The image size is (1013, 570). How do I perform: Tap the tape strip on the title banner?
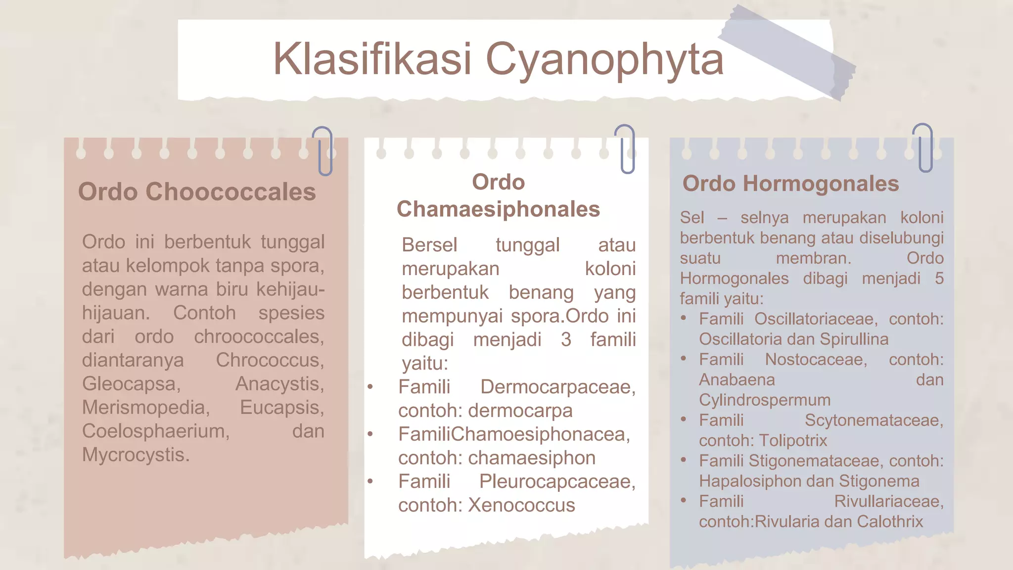(x=786, y=54)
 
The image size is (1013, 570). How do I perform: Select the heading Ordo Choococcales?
(x=197, y=192)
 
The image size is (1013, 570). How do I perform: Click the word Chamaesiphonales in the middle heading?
(x=498, y=209)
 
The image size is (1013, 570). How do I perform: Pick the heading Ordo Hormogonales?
(x=790, y=184)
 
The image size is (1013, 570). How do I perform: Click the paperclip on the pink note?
(x=324, y=151)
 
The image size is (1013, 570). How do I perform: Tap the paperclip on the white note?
(x=626, y=148)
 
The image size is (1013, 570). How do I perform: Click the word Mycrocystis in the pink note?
(x=136, y=455)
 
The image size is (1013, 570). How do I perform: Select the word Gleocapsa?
(x=131, y=384)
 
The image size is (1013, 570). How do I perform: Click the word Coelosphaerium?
(x=156, y=431)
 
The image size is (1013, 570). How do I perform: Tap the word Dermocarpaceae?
(x=557, y=387)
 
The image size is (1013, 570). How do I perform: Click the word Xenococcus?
(x=521, y=505)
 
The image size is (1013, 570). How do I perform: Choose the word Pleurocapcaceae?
(x=557, y=481)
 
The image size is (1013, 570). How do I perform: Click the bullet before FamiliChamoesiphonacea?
(x=370, y=434)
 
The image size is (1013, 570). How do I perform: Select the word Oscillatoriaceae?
(x=816, y=319)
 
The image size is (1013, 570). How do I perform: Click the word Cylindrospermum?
(x=764, y=400)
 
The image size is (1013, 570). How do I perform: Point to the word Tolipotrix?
(x=793, y=440)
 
